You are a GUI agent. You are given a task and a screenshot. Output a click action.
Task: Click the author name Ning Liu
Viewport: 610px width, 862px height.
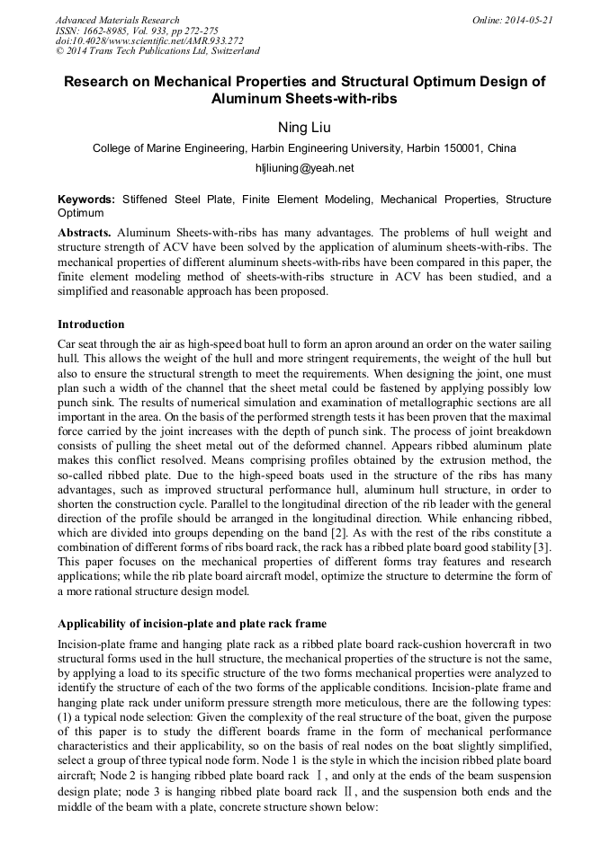(304, 128)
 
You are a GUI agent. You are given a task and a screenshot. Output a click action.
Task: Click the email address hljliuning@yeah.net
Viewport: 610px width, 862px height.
(305, 168)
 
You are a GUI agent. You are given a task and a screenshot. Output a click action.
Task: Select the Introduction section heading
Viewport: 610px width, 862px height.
(91, 324)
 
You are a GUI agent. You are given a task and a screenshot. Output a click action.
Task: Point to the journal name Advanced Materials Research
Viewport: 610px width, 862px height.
(117, 20)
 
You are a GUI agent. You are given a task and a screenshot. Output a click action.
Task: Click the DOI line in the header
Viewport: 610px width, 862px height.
(149, 41)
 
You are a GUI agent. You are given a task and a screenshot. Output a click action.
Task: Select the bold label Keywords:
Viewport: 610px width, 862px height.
(86, 200)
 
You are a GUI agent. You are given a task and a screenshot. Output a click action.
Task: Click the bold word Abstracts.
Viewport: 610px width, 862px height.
(85, 232)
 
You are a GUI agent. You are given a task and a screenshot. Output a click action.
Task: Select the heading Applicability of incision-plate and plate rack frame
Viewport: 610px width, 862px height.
(193, 624)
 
